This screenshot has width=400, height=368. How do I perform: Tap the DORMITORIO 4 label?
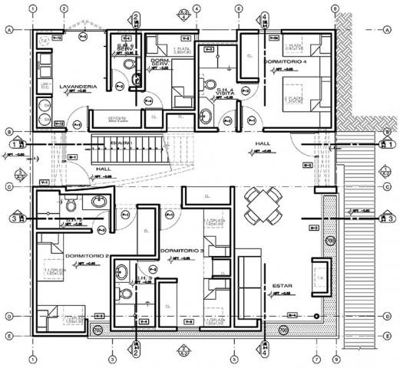(286, 61)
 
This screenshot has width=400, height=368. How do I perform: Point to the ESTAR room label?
(282, 286)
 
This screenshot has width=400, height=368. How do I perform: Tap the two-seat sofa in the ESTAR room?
(249, 281)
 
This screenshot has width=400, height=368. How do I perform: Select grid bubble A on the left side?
(9, 30)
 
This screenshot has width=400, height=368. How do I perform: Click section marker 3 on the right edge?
(382, 219)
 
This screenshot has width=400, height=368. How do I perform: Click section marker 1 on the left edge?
(14, 143)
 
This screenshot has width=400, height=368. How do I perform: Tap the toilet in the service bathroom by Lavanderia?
(137, 77)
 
